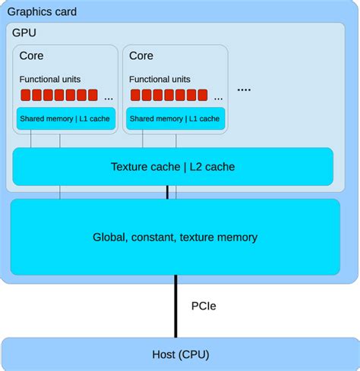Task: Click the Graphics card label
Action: [42, 12]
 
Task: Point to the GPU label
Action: [24, 33]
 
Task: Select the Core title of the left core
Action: [31, 55]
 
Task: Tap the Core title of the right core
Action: [141, 55]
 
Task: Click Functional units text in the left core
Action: [50, 79]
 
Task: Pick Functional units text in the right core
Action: [161, 79]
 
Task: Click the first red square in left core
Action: [25, 96]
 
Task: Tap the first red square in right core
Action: [136, 96]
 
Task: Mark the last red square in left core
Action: [93, 96]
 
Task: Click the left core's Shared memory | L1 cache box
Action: [65, 118]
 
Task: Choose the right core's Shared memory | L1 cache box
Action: [175, 118]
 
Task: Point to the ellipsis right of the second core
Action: [244, 90]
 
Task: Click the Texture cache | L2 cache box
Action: [173, 166]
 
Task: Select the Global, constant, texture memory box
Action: [175, 237]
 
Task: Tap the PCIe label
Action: [203, 307]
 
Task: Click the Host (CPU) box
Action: [179, 354]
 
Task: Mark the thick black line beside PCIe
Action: [176, 307]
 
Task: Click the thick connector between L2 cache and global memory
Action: [168, 192]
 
